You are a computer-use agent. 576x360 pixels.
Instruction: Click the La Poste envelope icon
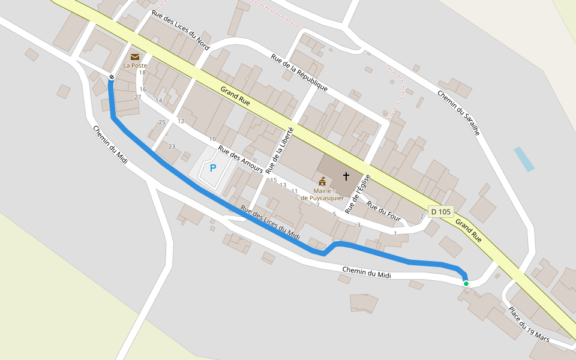click(135, 56)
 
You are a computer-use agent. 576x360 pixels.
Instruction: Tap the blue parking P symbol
click(212, 168)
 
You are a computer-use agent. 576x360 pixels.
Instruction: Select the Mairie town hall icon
click(322, 181)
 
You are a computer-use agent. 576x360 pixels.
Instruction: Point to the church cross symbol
click(346, 176)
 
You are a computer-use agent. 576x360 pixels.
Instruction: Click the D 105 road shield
click(440, 211)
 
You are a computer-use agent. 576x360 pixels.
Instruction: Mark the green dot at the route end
click(466, 283)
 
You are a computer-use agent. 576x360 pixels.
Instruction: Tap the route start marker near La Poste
click(112, 77)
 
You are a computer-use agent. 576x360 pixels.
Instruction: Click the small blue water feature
click(524, 159)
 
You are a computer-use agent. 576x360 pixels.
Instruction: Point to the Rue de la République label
click(299, 73)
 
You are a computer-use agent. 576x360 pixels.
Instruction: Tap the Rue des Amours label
click(240, 160)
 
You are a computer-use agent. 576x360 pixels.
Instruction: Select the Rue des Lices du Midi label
click(269, 223)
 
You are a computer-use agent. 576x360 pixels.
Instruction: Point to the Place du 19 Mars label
click(529, 325)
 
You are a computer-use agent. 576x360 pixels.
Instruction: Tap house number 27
click(137, 97)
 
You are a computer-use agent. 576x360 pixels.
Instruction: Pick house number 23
click(172, 146)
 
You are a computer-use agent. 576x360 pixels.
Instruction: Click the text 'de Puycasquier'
click(322, 198)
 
